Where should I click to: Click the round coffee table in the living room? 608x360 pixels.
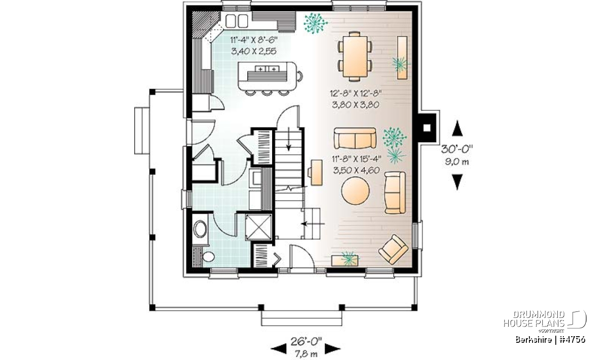point(355,191)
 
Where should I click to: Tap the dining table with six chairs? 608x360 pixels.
point(355,56)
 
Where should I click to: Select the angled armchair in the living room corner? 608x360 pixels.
point(393,250)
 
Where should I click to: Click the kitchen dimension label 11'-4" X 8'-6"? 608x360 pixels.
point(254,40)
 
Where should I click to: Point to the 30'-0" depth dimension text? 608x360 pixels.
point(457,149)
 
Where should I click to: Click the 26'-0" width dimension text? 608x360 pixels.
point(306,341)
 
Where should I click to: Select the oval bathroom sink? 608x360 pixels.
point(200,229)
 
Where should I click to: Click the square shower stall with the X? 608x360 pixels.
point(258,227)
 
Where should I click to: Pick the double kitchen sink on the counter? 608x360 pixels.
point(237,21)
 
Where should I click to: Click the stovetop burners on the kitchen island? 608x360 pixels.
point(267,69)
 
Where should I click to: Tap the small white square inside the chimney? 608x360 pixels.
point(427,128)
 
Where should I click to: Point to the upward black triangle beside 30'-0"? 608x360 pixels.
point(457,128)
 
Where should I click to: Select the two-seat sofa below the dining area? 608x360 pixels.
point(355,138)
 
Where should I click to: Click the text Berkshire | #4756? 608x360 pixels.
point(550,340)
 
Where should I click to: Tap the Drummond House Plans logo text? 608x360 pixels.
point(534,319)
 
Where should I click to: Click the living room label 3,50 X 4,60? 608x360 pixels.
point(356,170)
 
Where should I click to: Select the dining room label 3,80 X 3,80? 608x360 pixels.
point(356,105)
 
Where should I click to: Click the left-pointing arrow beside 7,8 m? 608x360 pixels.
point(279,349)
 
